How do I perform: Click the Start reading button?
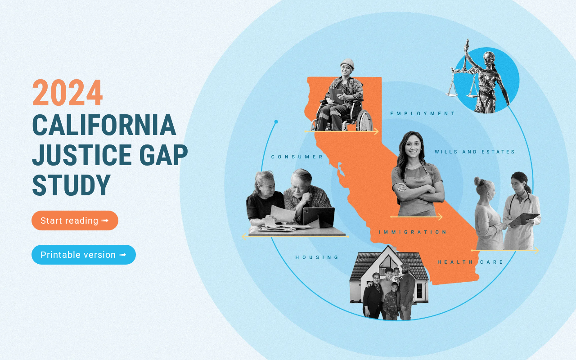click(75, 220)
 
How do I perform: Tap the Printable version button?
click(84, 255)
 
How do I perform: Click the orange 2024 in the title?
click(67, 93)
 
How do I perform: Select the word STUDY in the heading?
click(72, 184)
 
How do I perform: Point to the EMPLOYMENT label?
click(423, 113)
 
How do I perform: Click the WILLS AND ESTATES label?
click(475, 152)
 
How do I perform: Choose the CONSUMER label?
click(297, 157)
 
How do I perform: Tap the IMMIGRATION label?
click(413, 232)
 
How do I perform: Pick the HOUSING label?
click(317, 257)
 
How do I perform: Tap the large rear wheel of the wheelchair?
click(364, 121)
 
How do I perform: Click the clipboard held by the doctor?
click(524, 219)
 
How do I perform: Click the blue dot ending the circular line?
click(276, 121)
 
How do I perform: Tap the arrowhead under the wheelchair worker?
click(376, 131)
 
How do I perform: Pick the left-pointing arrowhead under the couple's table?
click(244, 237)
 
